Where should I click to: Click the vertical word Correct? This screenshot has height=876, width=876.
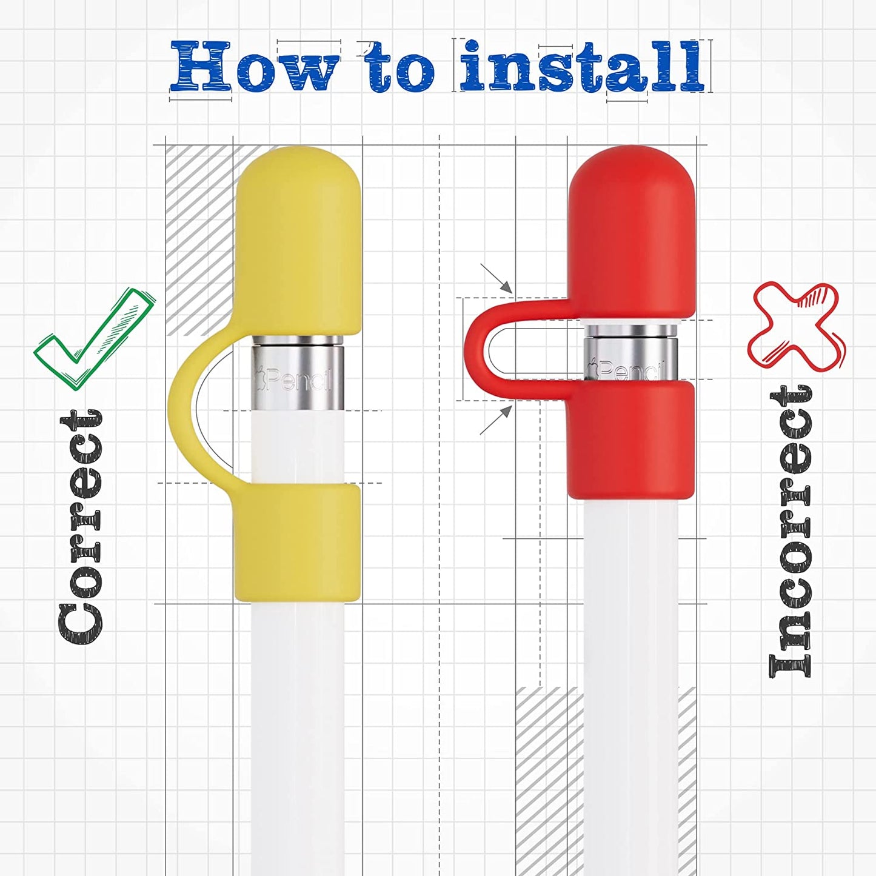(x=81, y=526)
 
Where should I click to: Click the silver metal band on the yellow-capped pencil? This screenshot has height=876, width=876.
(x=297, y=373)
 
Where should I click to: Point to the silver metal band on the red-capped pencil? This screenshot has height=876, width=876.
(x=630, y=350)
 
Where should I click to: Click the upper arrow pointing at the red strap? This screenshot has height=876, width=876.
(x=497, y=278)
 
